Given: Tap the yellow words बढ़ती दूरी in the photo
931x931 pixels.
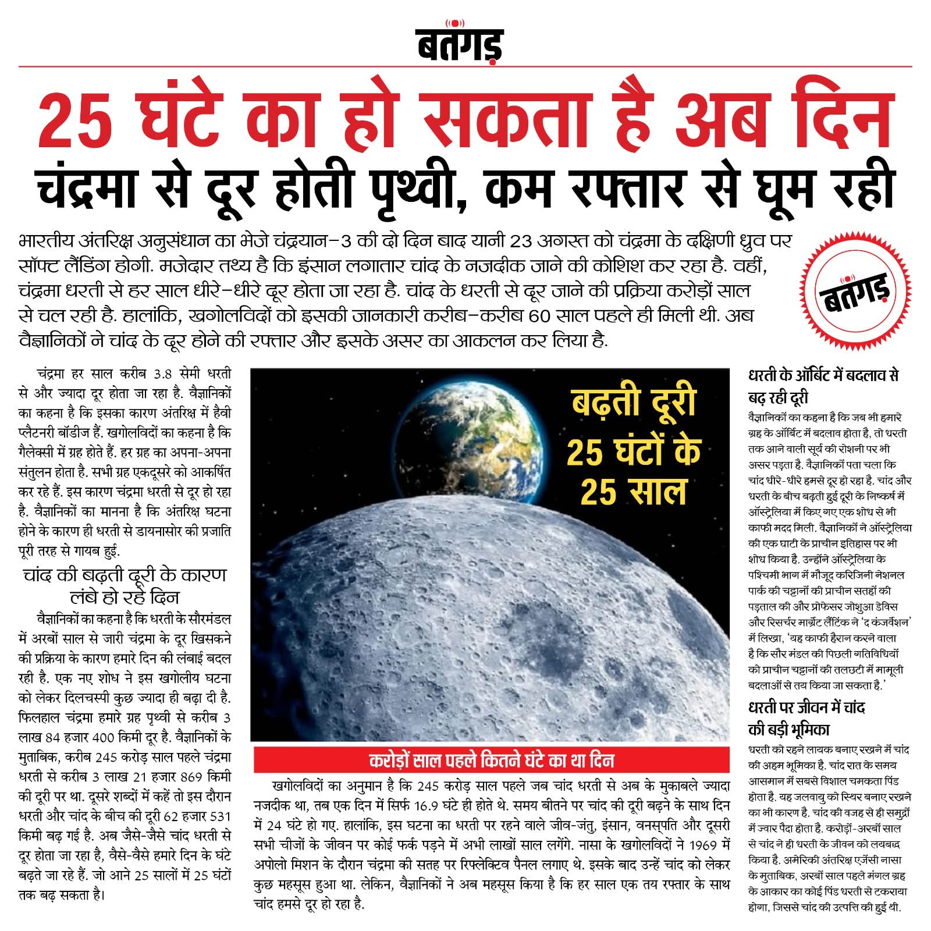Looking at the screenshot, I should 634,401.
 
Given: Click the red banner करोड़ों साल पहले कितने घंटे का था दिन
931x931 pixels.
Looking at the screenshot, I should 490,760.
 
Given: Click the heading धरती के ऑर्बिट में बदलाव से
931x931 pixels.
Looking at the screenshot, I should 823,376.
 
